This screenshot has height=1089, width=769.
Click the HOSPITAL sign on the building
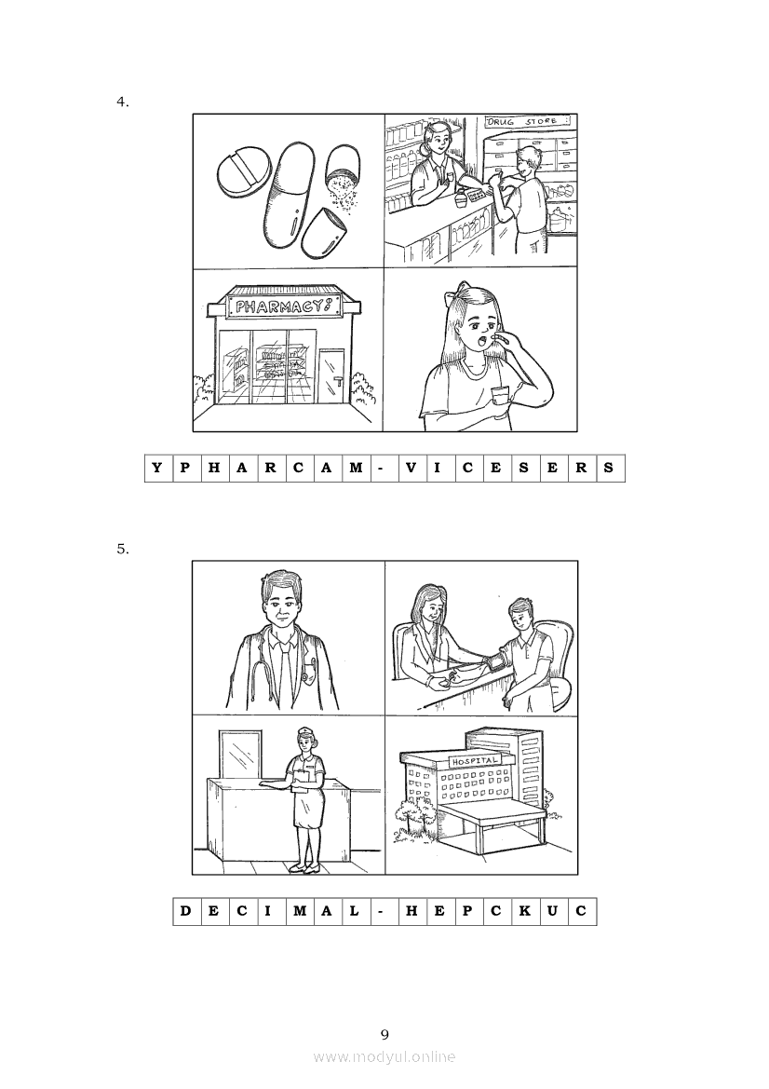click(476, 761)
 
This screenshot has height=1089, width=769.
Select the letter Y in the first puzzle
click(156, 468)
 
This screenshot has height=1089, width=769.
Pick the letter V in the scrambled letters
click(411, 468)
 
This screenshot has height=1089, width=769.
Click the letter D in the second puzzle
click(185, 910)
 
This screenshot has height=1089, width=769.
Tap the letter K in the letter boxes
click(524, 910)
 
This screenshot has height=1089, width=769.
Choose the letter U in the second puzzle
click(552, 910)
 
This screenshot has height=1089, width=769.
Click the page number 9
click(384, 1035)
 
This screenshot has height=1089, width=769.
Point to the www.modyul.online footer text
click(384, 1057)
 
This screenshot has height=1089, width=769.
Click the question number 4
click(122, 102)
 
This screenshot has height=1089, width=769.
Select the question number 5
click(122, 549)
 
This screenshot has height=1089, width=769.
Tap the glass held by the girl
click(497, 398)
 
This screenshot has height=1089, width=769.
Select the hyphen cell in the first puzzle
click(381, 468)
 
